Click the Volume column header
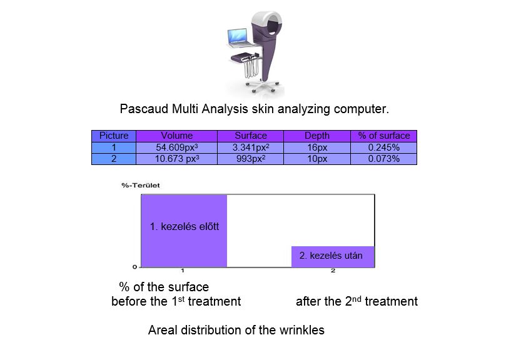tap(176, 136)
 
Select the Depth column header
tap(317, 136)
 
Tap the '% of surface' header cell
tap(384, 136)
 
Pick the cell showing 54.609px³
tap(176, 147)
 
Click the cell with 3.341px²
tap(251, 147)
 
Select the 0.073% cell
tap(384, 159)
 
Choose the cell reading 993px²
tap(251, 159)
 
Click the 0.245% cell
tap(384, 147)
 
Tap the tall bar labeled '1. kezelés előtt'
tap(184, 231)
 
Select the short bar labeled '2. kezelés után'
tap(333, 257)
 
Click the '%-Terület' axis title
tap(141, 186)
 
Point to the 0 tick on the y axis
tap(134, 267)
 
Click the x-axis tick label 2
tap(333, 271)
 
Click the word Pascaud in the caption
tap(144, 109)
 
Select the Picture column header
tap(114, 136)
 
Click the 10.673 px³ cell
tap(176, 159)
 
